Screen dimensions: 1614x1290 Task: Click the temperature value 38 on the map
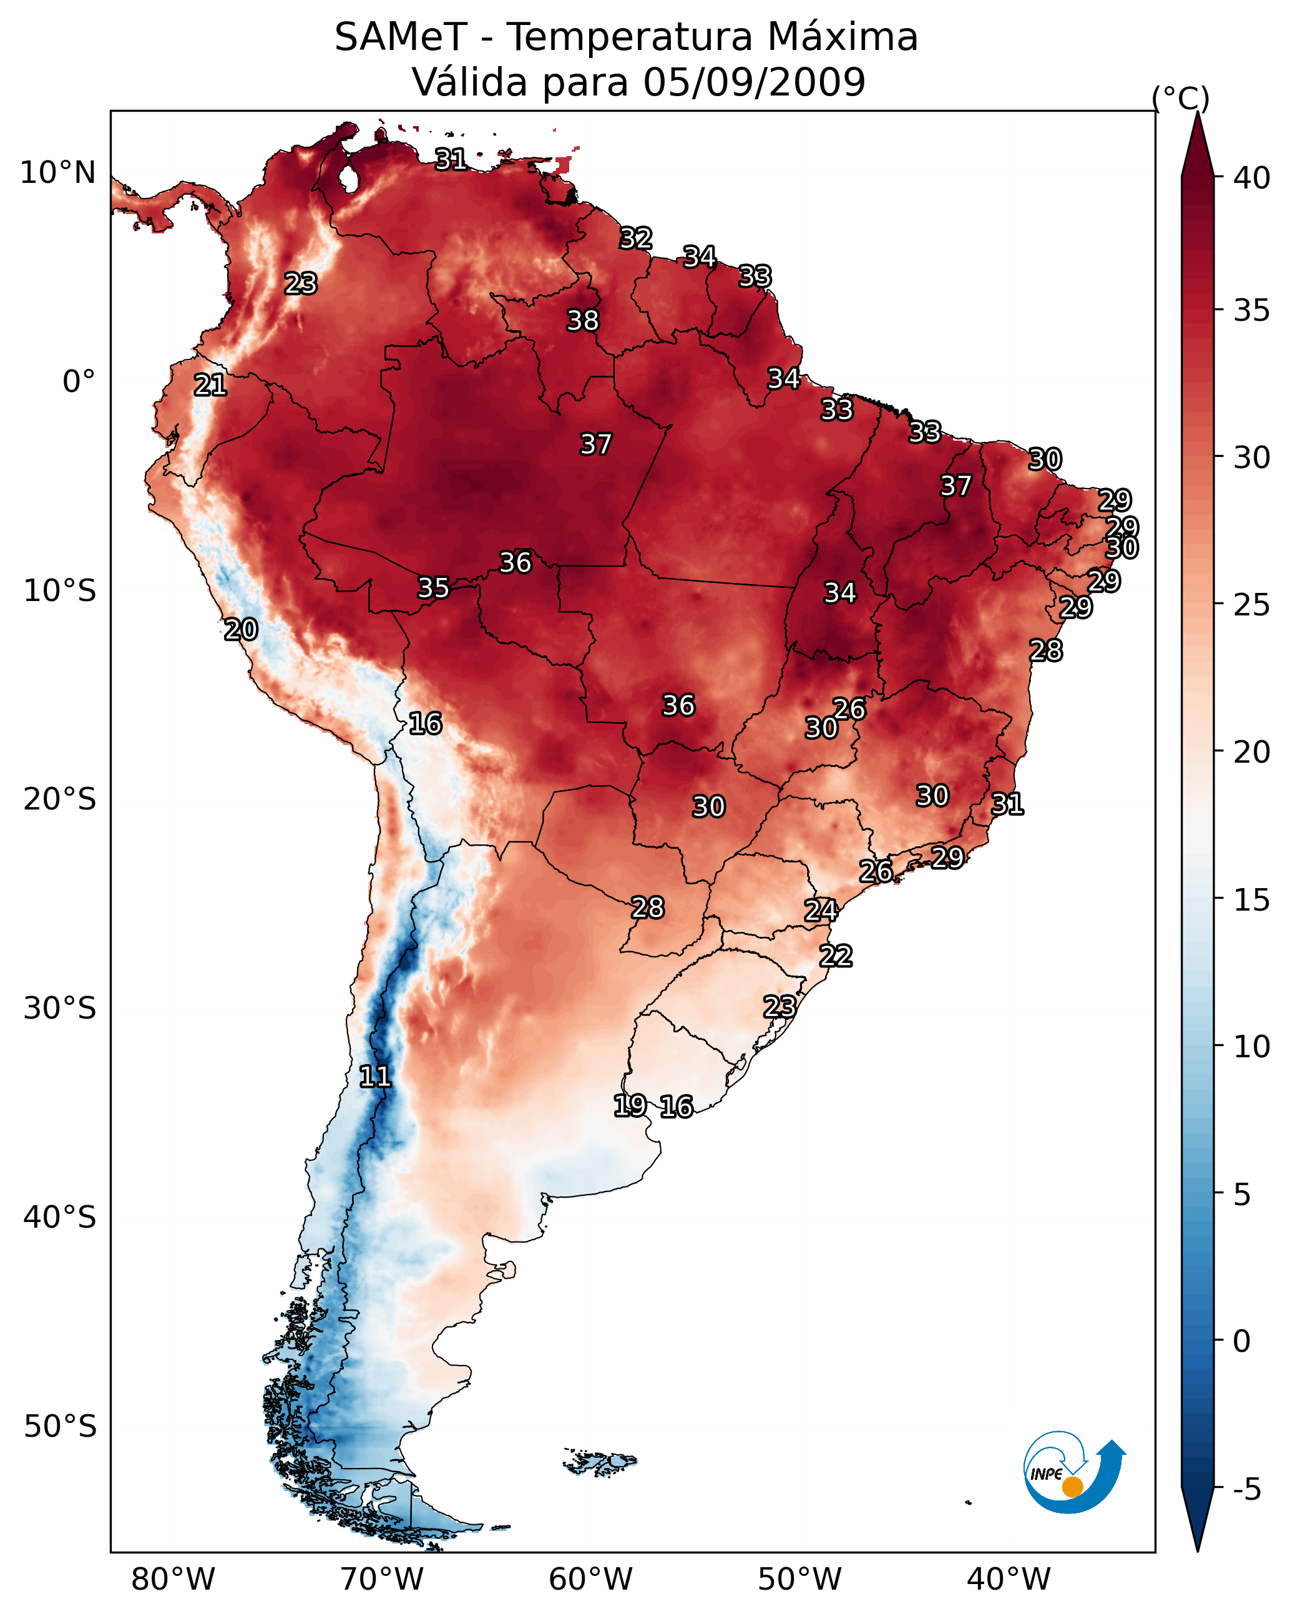(x=582, y=320)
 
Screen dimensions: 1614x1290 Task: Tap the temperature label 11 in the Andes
(x=374, y=1077)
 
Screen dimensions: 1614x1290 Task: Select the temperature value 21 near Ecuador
(x=210, y=385)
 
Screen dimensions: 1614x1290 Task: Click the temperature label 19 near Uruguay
(x=630, y=1105)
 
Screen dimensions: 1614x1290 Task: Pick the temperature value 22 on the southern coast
(x=836, y=956)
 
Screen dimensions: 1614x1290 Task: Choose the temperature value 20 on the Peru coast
(x=241, y=630)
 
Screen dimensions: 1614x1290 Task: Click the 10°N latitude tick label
(x=57, y=173)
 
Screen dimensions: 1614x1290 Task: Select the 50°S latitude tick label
(x=60, y=1426)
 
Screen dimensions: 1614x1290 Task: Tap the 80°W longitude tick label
(x=173, y=1579)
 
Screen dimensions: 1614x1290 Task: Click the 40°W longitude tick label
(x=1009, y=1579)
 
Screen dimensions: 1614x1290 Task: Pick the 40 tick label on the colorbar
(x=1251, y=178)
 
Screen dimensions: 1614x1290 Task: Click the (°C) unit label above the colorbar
(x=1180, y=98)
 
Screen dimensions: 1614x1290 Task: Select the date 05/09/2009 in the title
(x=754, y=82)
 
